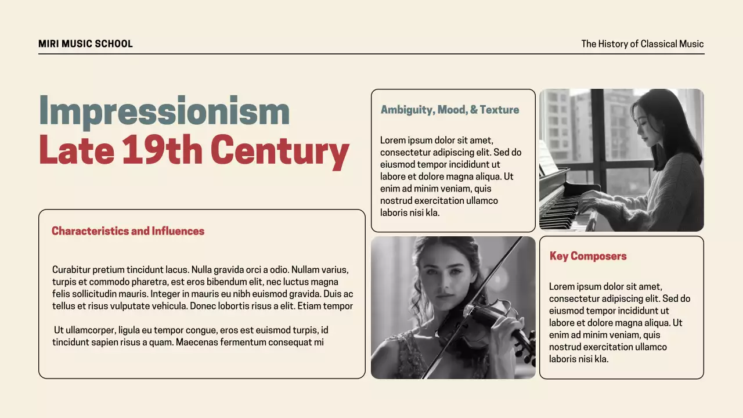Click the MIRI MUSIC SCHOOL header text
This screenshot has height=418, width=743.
[85, 44]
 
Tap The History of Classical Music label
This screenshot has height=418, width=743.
[642, 44]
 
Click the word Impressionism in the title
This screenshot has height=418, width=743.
[164, 111]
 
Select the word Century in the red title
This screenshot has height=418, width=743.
[279, 150]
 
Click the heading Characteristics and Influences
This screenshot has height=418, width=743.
[128, 231]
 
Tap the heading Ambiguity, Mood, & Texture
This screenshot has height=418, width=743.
[449, 110]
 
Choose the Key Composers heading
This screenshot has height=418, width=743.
[587, 256]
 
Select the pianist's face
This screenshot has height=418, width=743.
[643, 122]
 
